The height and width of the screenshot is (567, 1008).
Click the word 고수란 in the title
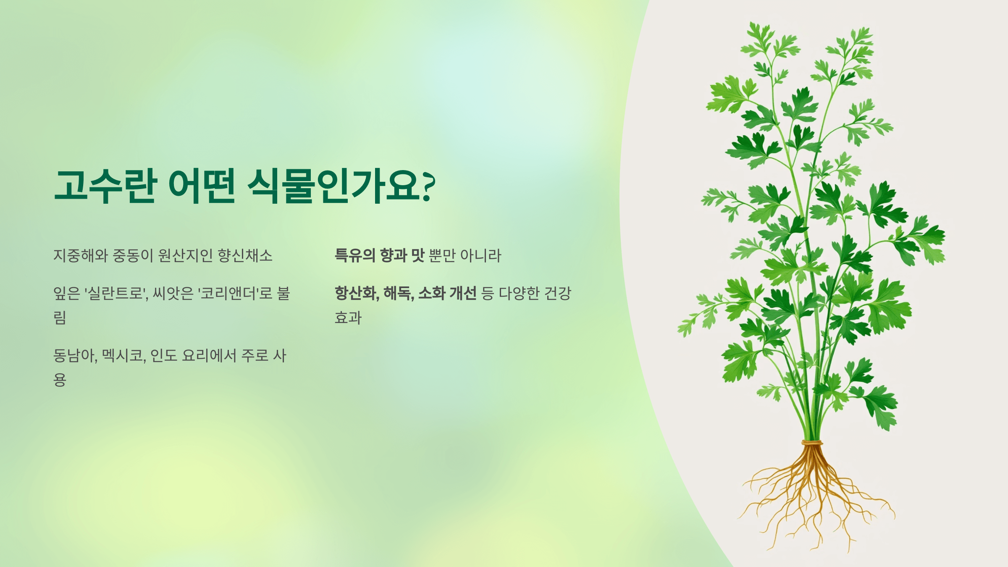pos(105,186)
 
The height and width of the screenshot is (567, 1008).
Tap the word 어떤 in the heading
pos(202,186)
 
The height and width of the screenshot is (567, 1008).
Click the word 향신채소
pos(245,255)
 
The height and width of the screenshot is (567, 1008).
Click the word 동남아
pos(75,356)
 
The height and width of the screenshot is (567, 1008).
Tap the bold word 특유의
pos(355,255)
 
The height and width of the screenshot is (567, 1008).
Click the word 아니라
pos(481,255)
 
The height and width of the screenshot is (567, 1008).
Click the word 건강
pos(558,293)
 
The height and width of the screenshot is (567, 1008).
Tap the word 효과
pos(348,318)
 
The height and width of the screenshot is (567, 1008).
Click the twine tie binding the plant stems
pos(812,443)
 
